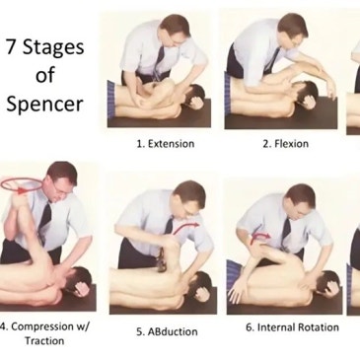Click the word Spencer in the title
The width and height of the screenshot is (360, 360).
click(44, 105)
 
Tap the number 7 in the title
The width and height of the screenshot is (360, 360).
click(11, 46)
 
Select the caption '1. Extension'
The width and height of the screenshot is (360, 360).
click(166, 144)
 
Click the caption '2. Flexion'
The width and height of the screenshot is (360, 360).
click(285, 144)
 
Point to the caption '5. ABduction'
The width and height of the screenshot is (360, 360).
click(167, 331)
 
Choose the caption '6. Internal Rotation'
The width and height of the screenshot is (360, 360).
click(292, 327)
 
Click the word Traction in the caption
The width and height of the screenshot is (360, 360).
click(44, 340)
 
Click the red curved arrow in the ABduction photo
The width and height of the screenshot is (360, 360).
click(185, 227)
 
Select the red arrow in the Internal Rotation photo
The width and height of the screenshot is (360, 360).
click(259, 238)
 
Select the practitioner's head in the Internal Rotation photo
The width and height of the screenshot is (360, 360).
click(300, 201)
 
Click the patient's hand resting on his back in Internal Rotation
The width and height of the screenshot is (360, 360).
click(235, 293)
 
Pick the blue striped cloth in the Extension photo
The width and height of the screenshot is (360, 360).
click(111, 100)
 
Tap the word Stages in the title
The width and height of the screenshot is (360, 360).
click(53, 48)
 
